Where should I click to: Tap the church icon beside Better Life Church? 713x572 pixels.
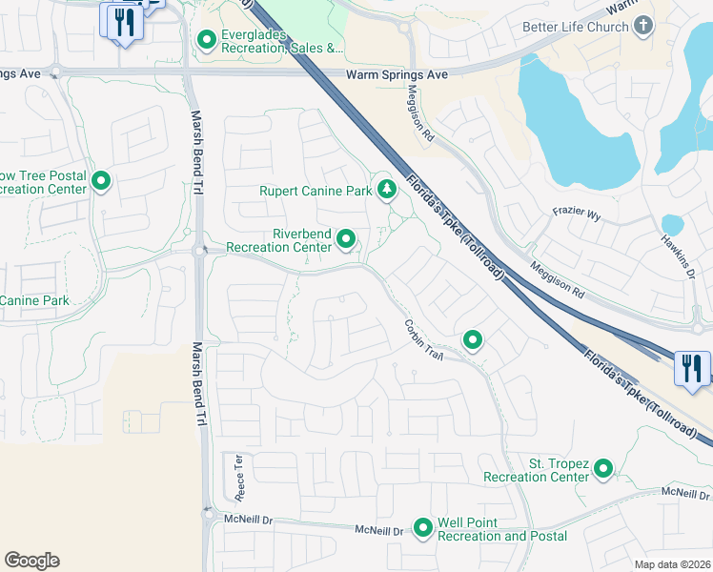point(645,26)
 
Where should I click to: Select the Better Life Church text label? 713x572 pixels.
point(575,27)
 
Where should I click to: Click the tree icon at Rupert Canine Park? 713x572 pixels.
point(387,191)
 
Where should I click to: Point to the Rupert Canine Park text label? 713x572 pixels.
point(316,191)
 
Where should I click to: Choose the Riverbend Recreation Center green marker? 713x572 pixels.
point(347,239)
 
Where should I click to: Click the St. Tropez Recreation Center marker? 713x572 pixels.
point(602,468)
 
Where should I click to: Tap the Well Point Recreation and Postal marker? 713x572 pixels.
point(423,527)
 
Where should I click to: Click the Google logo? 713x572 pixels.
point(31,561)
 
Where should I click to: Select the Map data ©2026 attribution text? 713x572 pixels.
point(673,565)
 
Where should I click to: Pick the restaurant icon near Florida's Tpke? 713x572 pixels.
point(692,367)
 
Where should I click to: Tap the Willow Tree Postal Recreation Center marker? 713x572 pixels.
point(101,180)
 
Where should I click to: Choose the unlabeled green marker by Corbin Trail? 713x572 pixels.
point(472,339)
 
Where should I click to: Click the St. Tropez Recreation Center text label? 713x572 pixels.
point(536,470)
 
